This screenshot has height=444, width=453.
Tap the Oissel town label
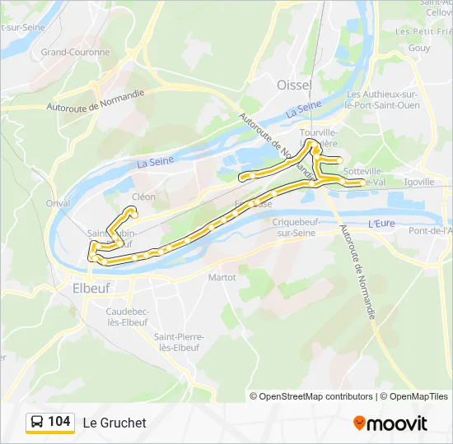coord(294,86)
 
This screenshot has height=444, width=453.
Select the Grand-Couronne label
coord(75,52)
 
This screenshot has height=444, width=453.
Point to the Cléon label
coord(143,197)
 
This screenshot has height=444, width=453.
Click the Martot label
coord(222,277)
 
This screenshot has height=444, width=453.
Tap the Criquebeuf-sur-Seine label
coord(294,228)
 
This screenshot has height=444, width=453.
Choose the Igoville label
coord(419,182)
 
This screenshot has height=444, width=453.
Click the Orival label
coord(58,203)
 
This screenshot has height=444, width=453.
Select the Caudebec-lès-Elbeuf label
coord(127,317)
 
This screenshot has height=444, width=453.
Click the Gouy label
coord(418,49)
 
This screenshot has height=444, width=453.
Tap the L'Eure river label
coord(381,223)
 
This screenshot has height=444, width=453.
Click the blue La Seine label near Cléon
coord(155,162)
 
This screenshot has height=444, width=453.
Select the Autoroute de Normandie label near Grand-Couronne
coord(96,102)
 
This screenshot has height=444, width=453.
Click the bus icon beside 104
coord(37,422)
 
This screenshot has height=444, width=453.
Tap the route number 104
coord(59,422)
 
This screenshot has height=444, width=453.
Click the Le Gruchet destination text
coord(114,423)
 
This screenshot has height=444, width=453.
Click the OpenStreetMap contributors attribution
coord(311,396)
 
